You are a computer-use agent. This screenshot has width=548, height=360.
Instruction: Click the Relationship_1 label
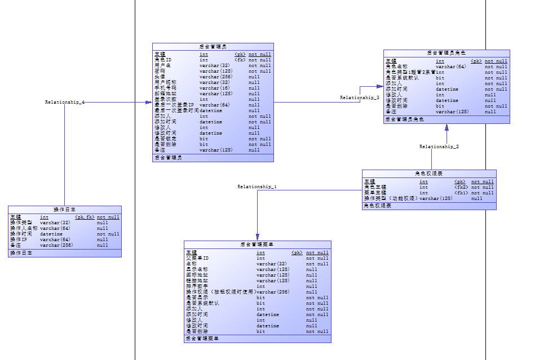257,186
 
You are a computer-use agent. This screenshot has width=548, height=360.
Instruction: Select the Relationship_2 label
439,146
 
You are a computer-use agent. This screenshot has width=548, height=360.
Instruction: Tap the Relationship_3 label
359,97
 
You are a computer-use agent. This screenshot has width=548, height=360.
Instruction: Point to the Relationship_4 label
65,102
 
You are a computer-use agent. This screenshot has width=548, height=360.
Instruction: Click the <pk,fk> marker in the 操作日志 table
85,217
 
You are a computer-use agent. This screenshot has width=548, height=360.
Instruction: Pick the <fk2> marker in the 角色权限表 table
461,187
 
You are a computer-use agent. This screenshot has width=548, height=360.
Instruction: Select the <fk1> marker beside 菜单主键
461,193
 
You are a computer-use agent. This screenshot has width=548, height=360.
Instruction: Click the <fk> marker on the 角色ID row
240,60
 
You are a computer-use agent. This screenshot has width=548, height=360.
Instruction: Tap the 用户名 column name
162,65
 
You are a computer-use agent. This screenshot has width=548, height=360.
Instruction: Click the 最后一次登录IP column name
174,105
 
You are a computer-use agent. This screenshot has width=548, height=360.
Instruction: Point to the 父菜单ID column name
197,258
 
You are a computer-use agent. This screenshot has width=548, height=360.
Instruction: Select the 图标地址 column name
197,275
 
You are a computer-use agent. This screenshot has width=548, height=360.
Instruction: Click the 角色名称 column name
396,66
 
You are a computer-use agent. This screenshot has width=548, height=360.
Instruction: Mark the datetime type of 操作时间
51,234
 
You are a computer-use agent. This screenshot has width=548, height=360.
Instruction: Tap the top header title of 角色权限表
428,174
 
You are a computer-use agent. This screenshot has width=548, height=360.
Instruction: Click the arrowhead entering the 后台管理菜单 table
257,237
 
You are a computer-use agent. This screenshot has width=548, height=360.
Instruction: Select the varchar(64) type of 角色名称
450,66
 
